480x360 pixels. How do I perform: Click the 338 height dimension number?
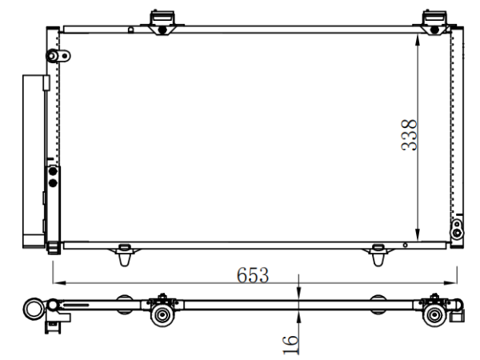[409, 134]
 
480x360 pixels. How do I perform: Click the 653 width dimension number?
[253, 275]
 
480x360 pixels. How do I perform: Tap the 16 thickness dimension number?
[290, 345]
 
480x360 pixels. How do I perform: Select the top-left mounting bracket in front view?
[162, 22]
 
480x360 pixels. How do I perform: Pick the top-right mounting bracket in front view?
[434, 22]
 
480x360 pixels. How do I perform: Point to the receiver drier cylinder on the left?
[34, 161]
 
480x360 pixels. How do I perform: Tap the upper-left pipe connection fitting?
[58, 56]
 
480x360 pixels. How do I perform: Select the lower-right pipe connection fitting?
[457, 229]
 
